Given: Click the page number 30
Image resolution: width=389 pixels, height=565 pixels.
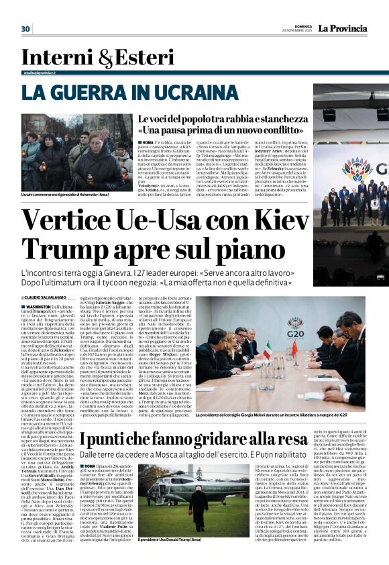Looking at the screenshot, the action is coord(25,29).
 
